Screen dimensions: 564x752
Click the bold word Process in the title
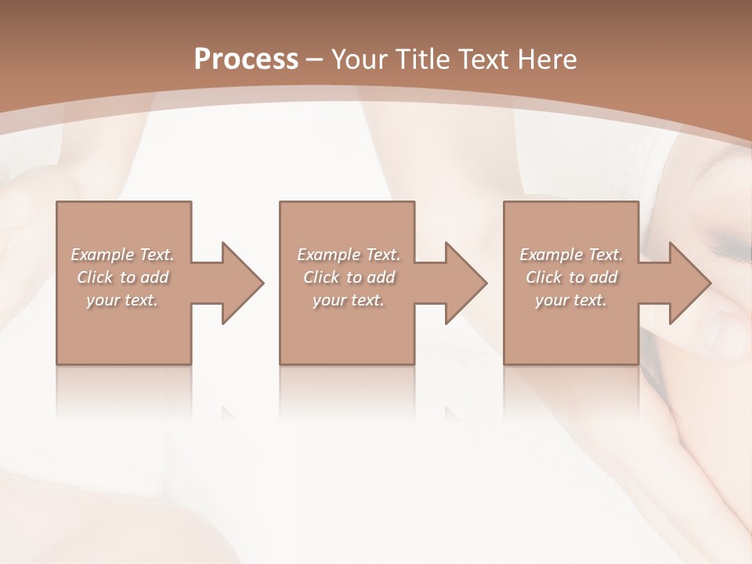click(x=246, y=60)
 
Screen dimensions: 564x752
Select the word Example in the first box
click(x=103, y=255)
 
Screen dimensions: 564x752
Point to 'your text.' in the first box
click(x=122, y=300)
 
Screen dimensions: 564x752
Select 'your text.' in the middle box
click(x=349, y=300)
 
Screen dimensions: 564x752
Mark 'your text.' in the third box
click(x=571, y=300)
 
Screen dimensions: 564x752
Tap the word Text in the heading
click(x=483, y=60)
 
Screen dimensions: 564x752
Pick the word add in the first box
click(x=155, y=277)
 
